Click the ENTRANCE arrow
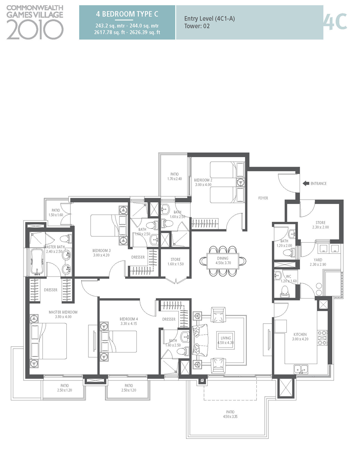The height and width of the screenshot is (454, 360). (306, 183)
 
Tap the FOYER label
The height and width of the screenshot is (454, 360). (263, 198)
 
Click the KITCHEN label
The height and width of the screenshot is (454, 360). (300, 334)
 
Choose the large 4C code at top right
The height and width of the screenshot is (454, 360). (335, 22)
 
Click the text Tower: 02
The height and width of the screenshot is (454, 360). (197, 26)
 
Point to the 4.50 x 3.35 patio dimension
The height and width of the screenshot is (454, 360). (230, 416)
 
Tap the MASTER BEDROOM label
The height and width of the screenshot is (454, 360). (63, 312)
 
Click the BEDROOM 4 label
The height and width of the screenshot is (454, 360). (129, 319)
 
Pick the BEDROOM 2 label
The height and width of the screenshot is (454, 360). (203, 180)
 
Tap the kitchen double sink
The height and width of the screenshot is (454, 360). (300, 368)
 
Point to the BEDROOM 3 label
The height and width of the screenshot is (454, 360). (101, 251)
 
